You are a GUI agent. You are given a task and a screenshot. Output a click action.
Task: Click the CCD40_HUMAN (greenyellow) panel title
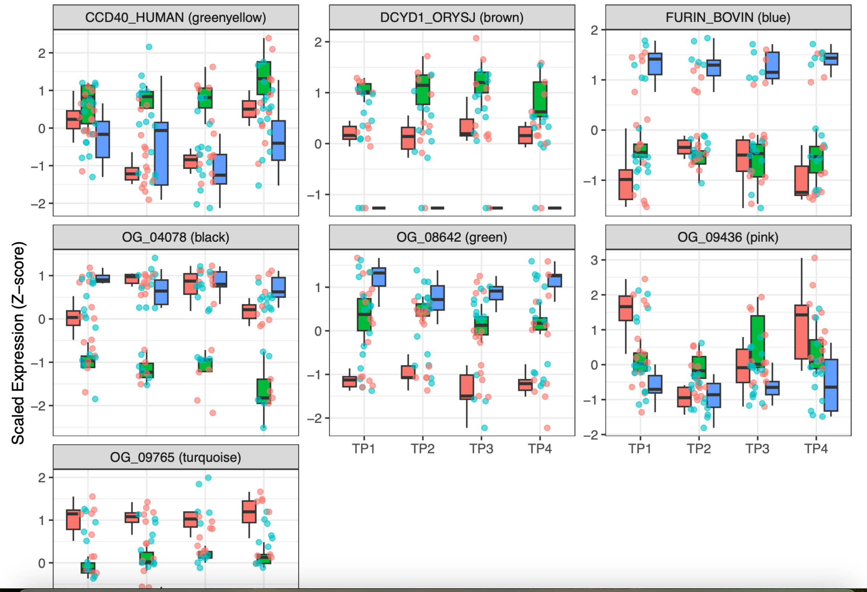pyautogui.click(x=175, y=17)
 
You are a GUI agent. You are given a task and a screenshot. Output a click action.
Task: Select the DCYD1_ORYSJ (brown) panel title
pyautogui.click(x=452, y=17)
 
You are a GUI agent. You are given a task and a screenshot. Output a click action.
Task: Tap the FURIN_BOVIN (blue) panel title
pyautogui.click(x=728, y=17)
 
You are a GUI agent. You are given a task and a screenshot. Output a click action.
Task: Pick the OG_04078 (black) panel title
pyautogui.click(x=175, y=237)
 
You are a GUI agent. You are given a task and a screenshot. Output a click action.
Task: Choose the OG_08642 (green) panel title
pyautogui.click(x=452, y=237)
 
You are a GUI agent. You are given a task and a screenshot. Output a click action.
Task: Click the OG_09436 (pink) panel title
pyautogui.click(x=728, y=237)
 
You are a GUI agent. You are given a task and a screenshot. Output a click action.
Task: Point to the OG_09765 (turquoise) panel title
pyautogui.click(x=175, y=457)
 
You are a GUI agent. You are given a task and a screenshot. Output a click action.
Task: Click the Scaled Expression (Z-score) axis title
pyautogui.click(x=18, y=343)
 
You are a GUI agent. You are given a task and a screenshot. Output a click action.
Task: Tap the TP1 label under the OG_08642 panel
pyautogui.click(x=364, y=448)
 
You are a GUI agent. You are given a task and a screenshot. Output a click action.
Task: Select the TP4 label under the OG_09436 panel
pyautogui.click(x=816, y=448)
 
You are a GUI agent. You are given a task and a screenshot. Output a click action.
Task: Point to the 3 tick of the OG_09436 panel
pyautogui.click(x=594, y=260)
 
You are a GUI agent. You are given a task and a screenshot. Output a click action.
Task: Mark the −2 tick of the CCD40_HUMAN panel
pyautogui.click(x=41, y=204)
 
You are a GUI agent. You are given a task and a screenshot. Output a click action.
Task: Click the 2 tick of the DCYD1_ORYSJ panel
pyautogui.click(x=318, y=42)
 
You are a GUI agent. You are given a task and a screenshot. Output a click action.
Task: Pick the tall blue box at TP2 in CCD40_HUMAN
pyautogui.click(x=161, y=153)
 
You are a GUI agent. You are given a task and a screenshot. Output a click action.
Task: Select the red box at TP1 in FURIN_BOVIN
pyautogui.click(x=626, y=185)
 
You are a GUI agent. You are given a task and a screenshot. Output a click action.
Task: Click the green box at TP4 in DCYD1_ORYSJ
pyautogui.click(x=540, y=99)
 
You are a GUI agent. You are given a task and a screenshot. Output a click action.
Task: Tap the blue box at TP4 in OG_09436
pyautogui.click(x=831, y=385)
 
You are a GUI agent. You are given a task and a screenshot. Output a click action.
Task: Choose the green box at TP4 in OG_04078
pyautogui.click(x=264, y=391)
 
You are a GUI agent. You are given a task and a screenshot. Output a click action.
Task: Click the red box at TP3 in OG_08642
pyautogui.click(x=467, y=387)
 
